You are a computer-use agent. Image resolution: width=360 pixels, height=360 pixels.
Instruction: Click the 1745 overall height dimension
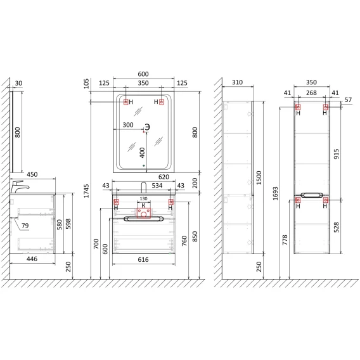86,191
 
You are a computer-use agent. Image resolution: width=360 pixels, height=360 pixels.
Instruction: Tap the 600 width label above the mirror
143,74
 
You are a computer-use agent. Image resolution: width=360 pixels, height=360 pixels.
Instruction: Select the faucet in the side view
20,187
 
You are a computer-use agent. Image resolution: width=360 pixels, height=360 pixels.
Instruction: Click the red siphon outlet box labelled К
144,213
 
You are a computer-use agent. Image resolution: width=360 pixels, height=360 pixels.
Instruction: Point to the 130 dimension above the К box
143,198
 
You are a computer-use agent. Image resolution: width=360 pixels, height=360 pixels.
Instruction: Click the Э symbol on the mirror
147,127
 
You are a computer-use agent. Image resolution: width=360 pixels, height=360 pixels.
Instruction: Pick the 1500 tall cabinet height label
259,177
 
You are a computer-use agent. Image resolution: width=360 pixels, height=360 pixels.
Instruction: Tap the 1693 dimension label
275,193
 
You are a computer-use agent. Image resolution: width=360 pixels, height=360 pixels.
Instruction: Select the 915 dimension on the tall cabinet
336,154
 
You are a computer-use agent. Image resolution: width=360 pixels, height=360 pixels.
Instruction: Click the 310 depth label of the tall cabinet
237,82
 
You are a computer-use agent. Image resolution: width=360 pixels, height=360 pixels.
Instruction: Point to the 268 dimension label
311,93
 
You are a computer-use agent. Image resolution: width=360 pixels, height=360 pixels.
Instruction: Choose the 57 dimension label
348,100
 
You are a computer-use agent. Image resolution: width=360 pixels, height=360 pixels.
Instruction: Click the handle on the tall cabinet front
312,195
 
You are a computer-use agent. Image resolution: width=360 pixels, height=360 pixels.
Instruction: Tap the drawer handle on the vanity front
143,219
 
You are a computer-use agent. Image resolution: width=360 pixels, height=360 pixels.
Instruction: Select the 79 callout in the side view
25,226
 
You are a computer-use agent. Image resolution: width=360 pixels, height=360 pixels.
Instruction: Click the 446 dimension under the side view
32,259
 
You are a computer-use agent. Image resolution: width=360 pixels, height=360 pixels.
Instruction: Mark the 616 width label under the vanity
143,259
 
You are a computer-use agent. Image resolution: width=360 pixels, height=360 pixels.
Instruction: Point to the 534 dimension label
157,186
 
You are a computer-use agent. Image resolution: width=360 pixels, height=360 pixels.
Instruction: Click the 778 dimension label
285,240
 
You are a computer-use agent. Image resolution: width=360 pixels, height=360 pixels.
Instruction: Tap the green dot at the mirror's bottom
144,165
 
